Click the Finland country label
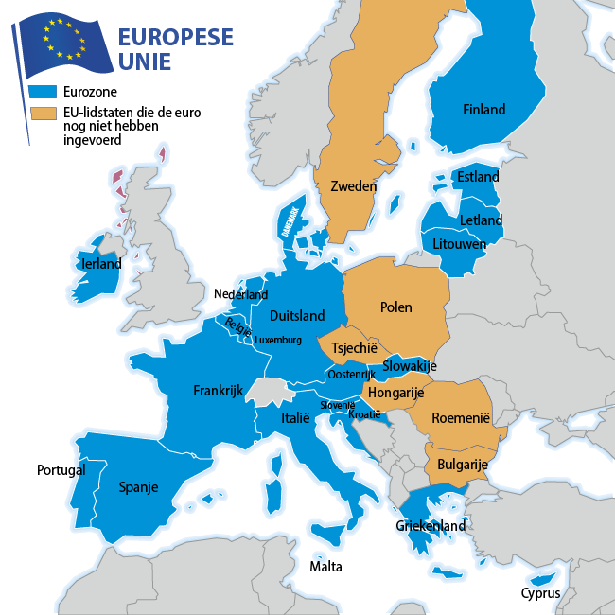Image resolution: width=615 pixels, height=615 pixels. pyautogui.click(x=483, y=110)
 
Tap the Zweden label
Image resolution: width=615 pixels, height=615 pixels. pyautogui.click(x=354, y=186)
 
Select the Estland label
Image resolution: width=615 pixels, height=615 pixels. pyautogui.click(x=478, y=177)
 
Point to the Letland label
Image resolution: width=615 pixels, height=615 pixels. pyautogui.click(x=481, y=220)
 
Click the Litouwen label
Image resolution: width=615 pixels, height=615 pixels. pyautogui.click(x=459, y=244)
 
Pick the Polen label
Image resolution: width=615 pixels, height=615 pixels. pyautogui.click(x=395, y=307)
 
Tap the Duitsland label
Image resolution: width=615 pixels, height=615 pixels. pyautogui.click(x=297, y=316)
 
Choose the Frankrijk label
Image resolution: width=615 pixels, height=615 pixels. pyautogui.click(x=219, y=390)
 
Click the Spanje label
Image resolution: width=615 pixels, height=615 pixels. pyautogui.click(x=138, y=488)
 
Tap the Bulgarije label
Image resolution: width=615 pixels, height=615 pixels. pyautogui.click(x=462, y=465)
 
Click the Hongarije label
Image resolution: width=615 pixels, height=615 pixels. pyautogui.click(x=395, y=392)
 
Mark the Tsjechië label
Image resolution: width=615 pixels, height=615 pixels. pyautogui.click(x=355, y=348)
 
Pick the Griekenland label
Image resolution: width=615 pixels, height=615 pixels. pyautogui.click(x=430, y=525)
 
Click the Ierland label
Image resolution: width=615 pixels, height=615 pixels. pyautogui.click(x=102, y=264)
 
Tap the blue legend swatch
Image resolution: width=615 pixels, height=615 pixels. pyautogui.click(x=44, y=93)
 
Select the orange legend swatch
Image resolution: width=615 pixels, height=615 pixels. pyautogui.click(x=44, y=114)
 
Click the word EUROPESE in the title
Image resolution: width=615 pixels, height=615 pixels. pyautogui.click(x=175, y=38)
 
